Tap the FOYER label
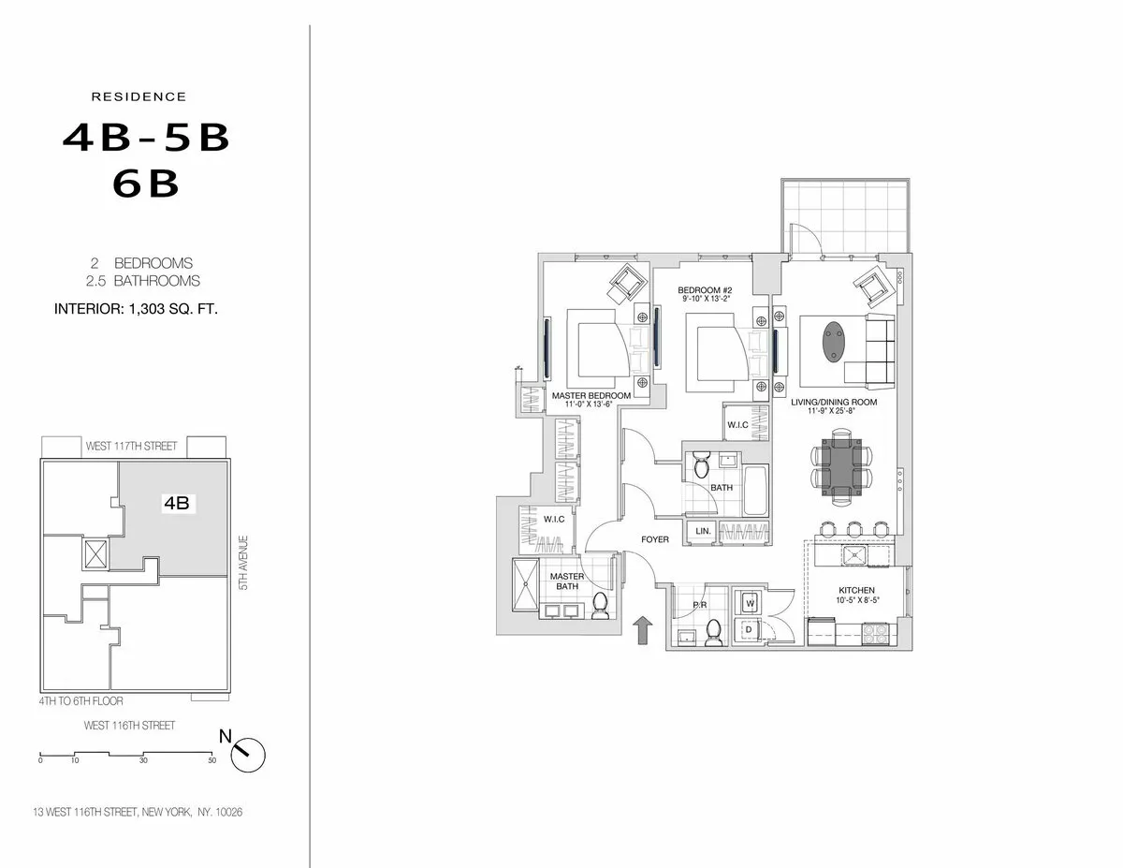click(654, 540)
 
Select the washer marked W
click(750, 604)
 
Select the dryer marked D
click(750, 630)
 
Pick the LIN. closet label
click(703, 532)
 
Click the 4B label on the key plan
click(177, 503)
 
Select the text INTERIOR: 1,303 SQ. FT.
click(137, 307)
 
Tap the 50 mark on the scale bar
click(212, 760)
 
